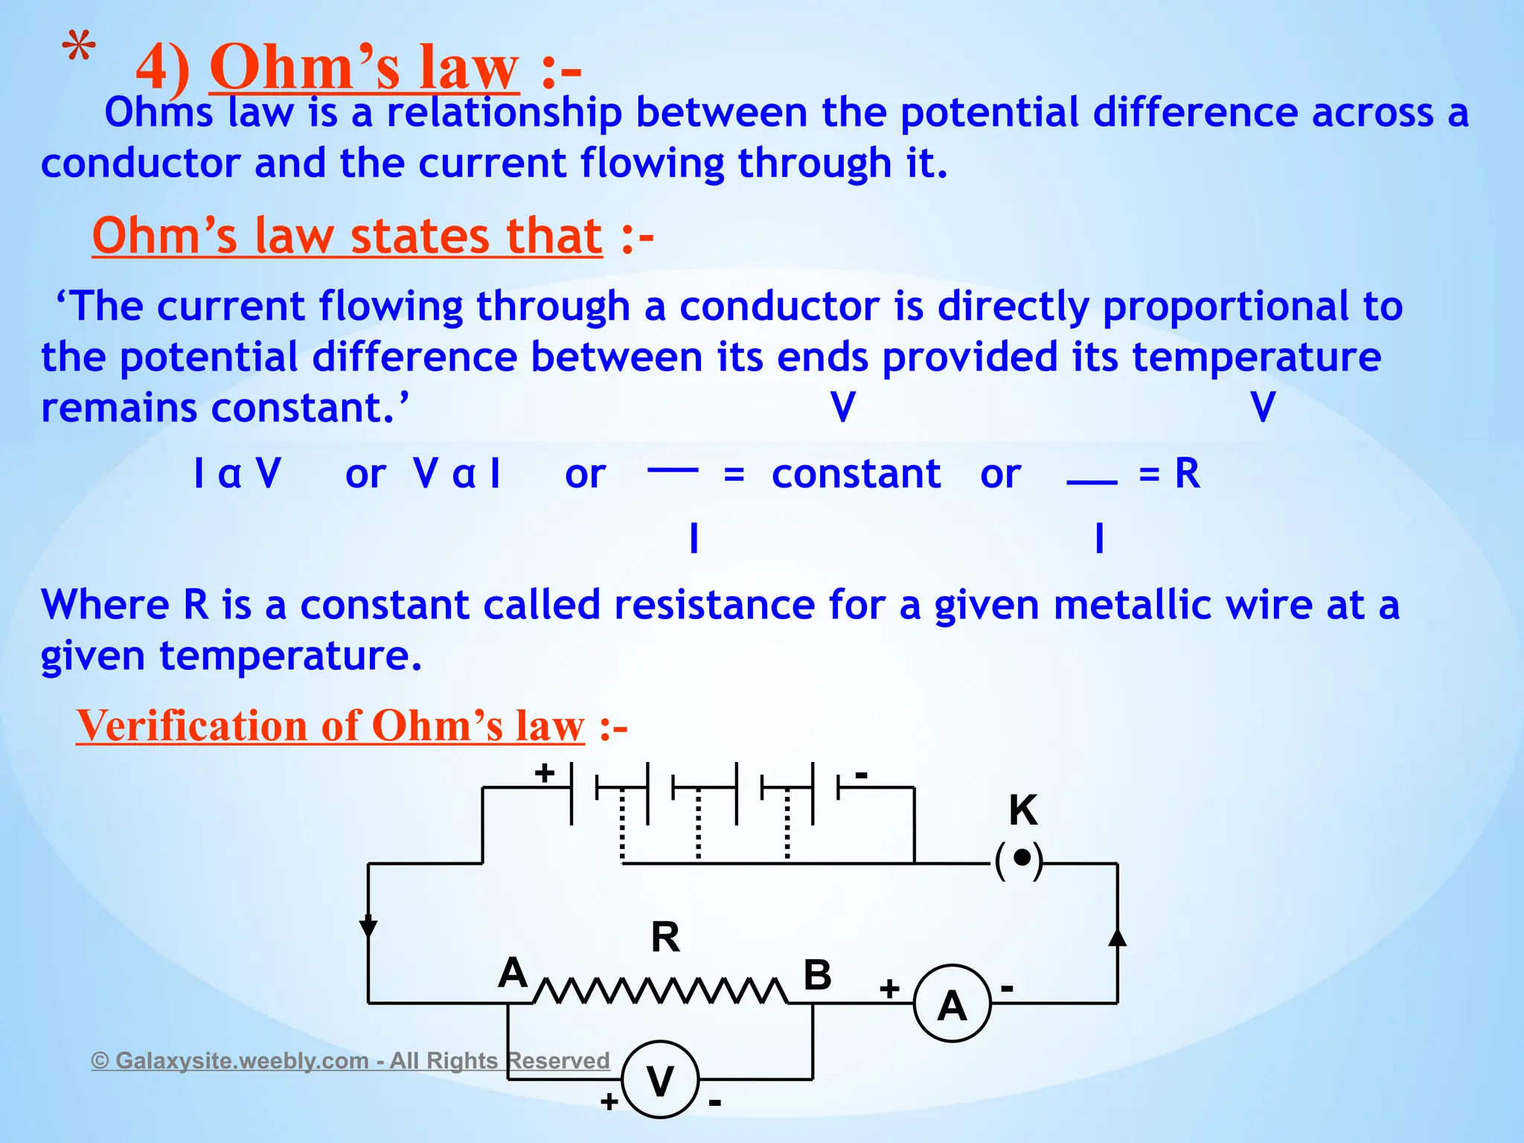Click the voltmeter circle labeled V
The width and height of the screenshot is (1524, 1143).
pos(660,1080)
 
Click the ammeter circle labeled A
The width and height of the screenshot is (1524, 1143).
pos(952,1004)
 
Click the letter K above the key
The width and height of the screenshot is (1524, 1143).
pos(1023,810)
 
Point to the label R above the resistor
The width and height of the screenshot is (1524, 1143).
pos(665,937)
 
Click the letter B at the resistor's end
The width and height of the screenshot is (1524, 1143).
pos(817,975)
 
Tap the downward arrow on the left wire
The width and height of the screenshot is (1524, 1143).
pos(368,929)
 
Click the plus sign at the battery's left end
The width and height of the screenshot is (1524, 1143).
pos(545,773)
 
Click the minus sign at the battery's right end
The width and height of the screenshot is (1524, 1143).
pos(861,775)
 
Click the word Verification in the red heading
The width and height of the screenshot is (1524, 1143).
pos(191,726)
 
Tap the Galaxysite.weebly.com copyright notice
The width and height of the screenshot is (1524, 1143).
pos(350,1060)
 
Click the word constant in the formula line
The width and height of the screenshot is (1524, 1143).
pos(856,474)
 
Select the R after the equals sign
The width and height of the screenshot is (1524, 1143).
pos(1187,473)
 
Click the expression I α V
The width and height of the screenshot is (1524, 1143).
pos(237,473)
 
